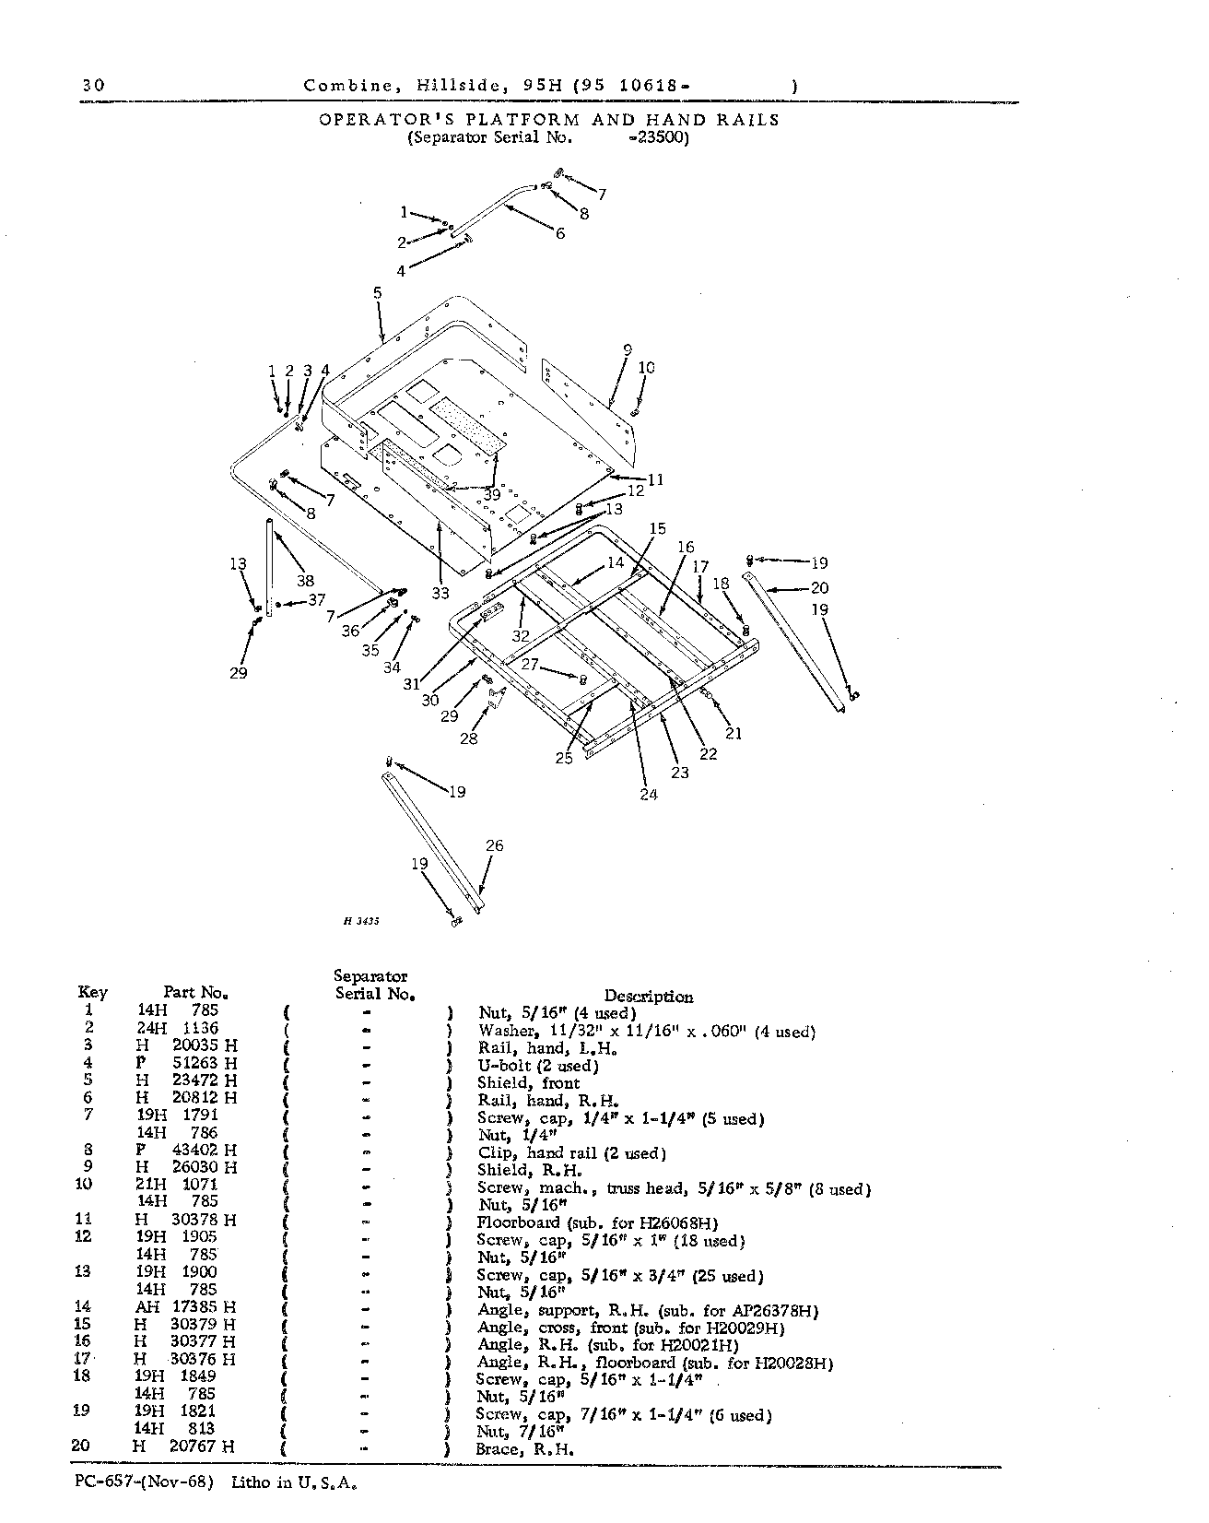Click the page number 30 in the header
(x=92, y=86)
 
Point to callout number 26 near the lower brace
(x=494, y=845)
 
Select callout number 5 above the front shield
(x=377, y=293)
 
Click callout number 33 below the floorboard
(x=440, y=594)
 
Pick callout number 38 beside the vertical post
(x=305, y=581)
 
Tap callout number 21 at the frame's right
(x=733, y=734)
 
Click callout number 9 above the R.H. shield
(x=628, y=350)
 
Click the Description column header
(x=649, y=997)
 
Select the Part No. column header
(x=196, y=993)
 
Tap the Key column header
(x=93, y=993)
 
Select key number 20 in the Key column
(x=81, y=1447)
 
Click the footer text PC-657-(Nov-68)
(x=144, y=1483)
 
